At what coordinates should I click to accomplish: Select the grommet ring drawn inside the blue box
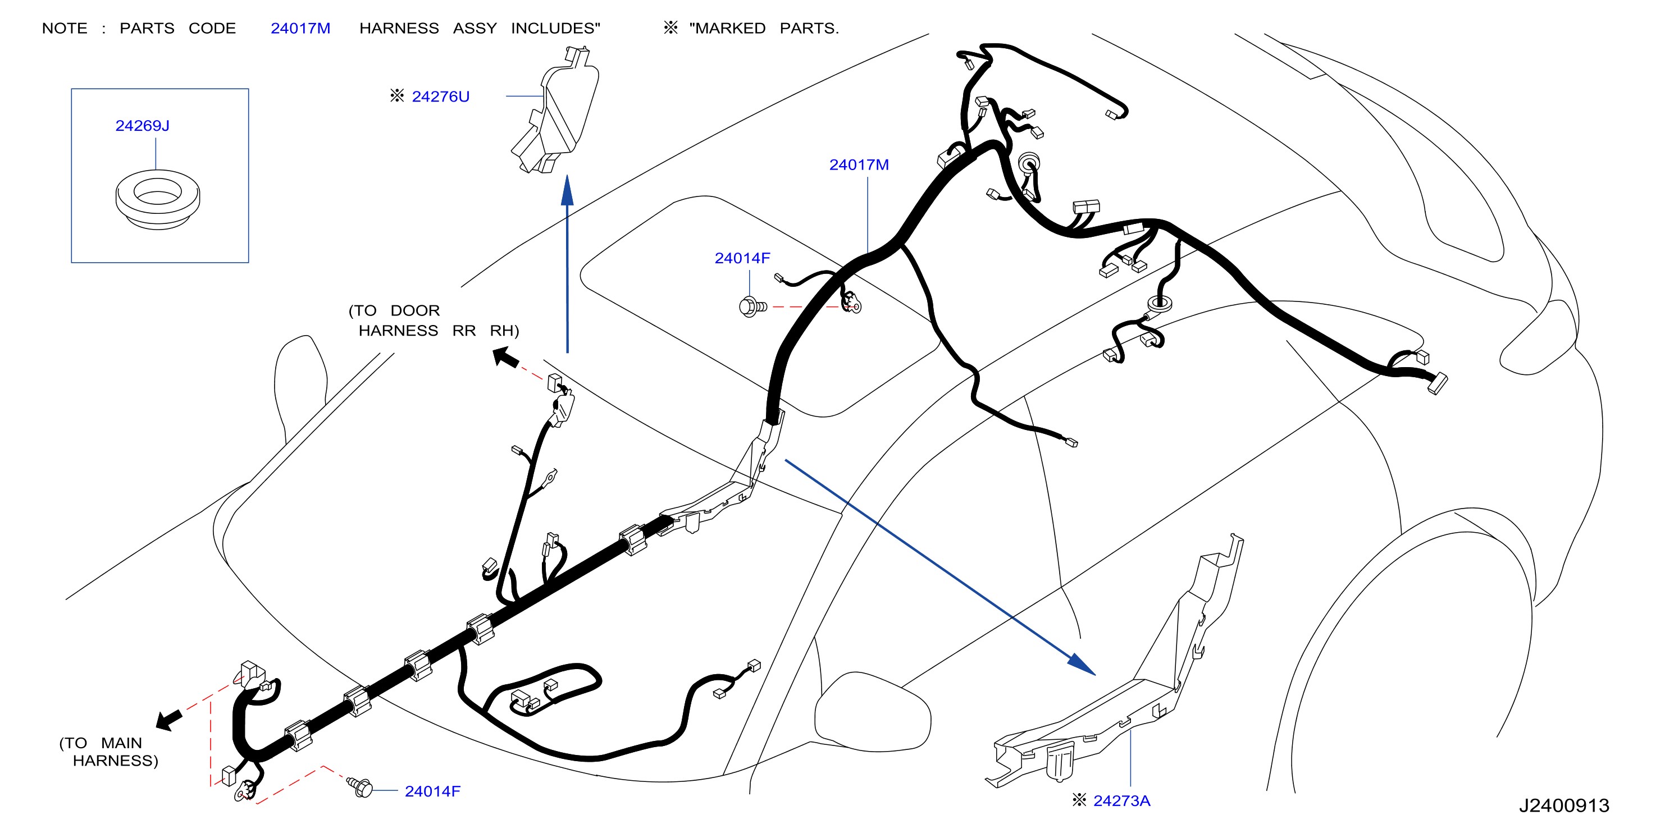(157, 199)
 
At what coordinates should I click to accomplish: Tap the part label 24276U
(441, 96)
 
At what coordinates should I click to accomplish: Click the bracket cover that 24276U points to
(555, 111)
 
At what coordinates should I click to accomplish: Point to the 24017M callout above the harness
(859, 164)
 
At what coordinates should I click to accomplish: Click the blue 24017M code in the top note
(300, 28)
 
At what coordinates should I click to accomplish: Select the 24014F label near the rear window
(742, 258)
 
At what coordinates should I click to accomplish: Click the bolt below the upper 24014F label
(752, 306)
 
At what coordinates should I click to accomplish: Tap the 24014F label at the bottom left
(432, 791)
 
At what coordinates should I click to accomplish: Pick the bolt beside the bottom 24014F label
(360, 787)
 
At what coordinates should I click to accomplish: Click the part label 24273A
(1121, 800)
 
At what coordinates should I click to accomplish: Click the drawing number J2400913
(1563, 805)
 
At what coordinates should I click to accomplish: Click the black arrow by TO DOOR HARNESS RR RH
(505, 357)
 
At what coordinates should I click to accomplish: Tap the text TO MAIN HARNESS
(108, 752)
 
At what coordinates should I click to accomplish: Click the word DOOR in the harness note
(414, 310)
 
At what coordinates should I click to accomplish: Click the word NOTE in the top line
(65, 28)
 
